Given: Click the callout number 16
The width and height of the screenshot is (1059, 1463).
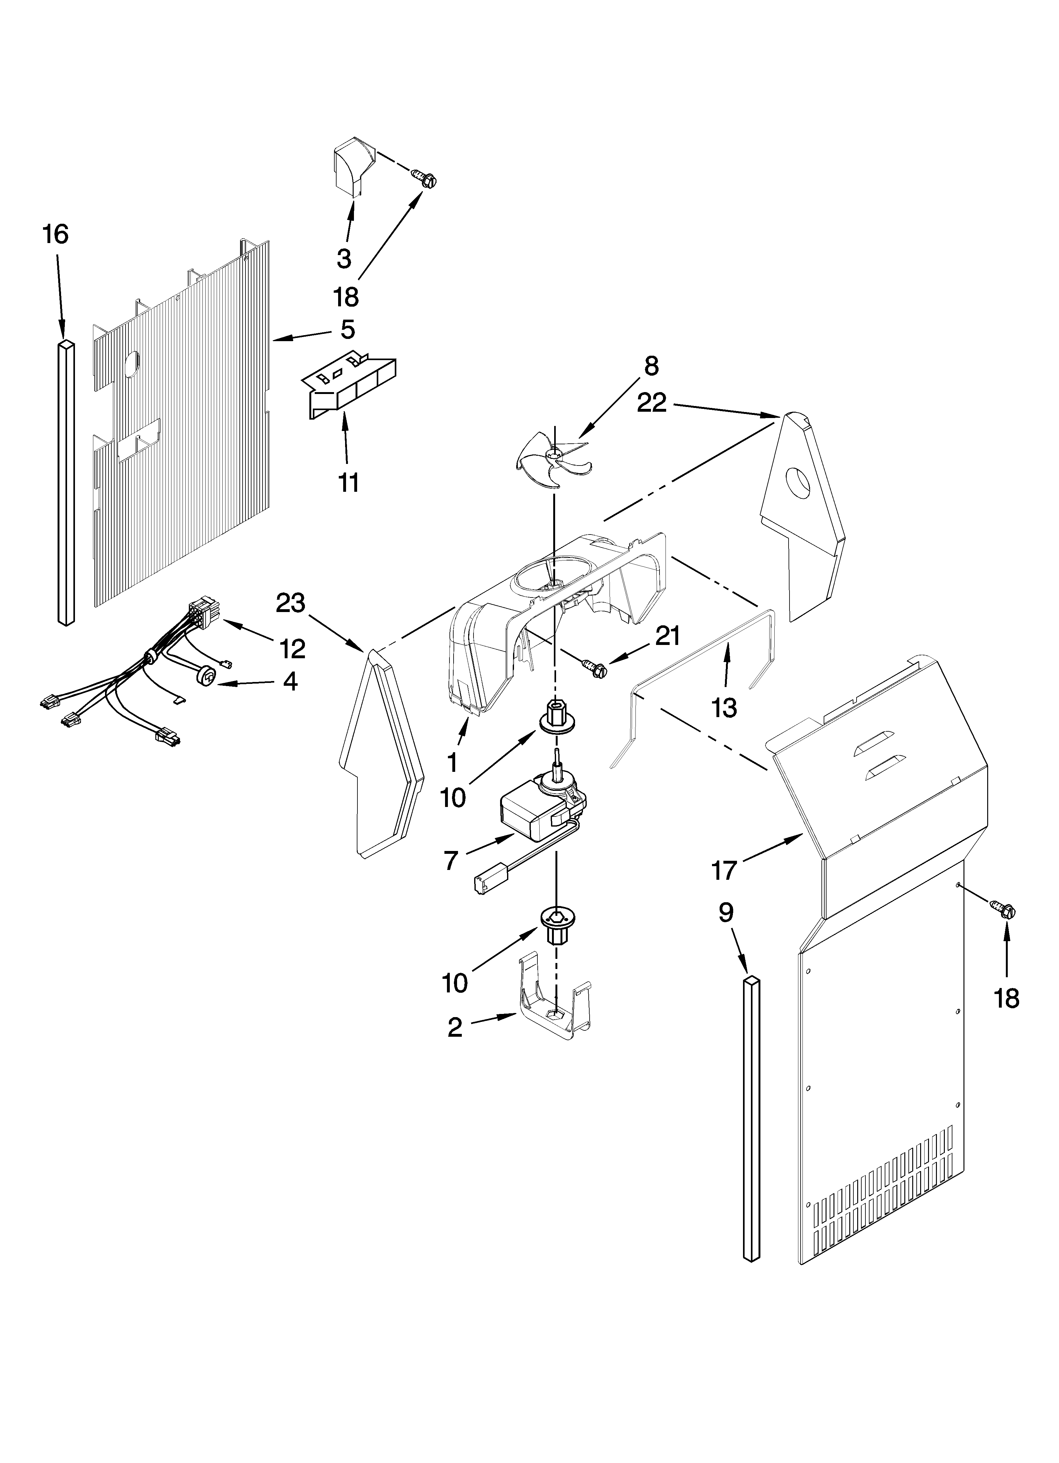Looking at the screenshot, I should point(56,234).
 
